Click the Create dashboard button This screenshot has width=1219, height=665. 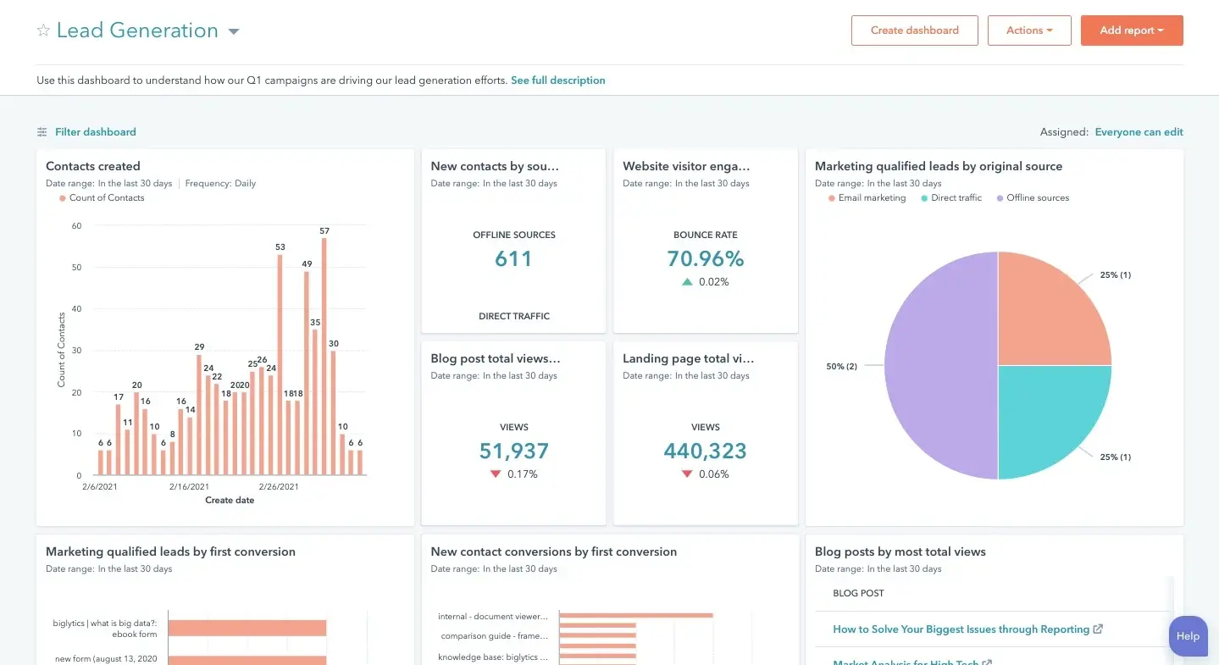pos(914,30)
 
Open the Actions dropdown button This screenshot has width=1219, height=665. pos(1028,30)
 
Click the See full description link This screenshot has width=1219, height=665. pos(557,80)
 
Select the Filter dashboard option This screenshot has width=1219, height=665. pos(95,132)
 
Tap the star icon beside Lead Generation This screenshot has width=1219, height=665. pos(43,30)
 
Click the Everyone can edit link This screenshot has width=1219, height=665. pos(1139,132)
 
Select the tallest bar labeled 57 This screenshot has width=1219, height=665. pos(324,356)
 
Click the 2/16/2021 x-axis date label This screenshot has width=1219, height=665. pos(189,487)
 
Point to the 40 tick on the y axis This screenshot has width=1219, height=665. pos(76,309)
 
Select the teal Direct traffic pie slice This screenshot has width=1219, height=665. pos(1050,415)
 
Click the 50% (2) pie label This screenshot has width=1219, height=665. pos(841,366)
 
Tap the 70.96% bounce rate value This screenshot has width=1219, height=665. pos(705,258)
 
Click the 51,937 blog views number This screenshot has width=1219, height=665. pos(513,451)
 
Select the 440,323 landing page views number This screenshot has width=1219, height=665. pos(705,451)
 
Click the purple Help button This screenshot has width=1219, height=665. pos(1188,636)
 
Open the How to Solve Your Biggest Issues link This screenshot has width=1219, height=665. pos(961,629)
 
